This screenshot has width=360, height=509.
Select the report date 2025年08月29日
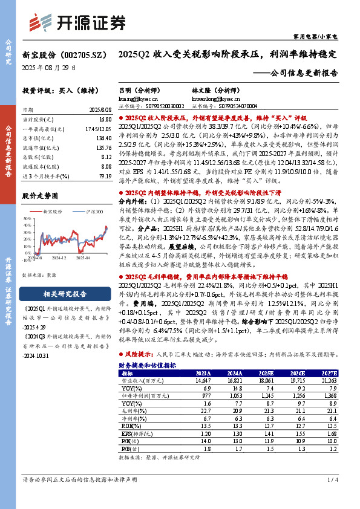49,68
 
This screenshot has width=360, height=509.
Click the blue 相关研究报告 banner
59,294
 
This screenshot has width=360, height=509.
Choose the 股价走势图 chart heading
40,196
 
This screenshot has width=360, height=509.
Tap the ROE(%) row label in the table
131,425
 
